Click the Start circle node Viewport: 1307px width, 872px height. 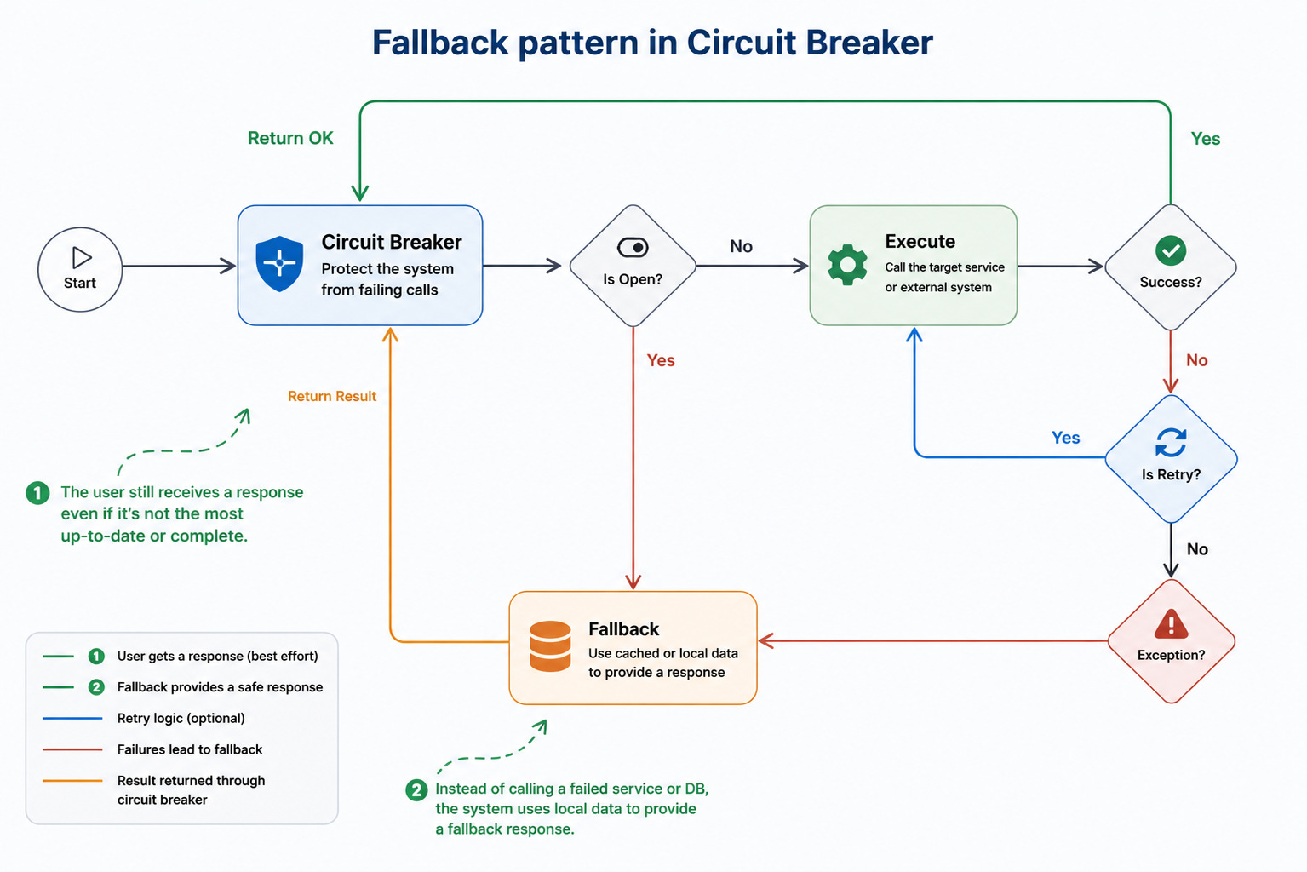[80, 269]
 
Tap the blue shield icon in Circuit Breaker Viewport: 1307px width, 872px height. [279, 264]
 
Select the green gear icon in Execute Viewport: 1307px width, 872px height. [847, 264]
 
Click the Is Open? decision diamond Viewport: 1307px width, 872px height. [633, 266]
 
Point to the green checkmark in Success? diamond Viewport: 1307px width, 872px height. [1171, 250]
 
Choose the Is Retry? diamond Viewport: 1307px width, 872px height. [1171, 459]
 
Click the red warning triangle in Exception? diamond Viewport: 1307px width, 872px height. [1171, 624]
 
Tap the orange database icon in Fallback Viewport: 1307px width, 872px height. [550, 646]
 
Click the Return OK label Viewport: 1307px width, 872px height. [290, 138]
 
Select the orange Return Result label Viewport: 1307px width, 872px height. [332, 396]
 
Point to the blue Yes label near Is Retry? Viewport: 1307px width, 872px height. [1065, 438]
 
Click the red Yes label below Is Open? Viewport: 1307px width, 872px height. [661, 360]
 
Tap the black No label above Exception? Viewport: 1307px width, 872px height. [1197, 548]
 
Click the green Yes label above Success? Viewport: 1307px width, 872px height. [1206, 138]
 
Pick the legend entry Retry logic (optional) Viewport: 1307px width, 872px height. [181, 718]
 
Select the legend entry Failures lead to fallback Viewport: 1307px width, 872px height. [190, 749]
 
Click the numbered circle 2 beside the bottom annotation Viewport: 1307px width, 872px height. [416, 790]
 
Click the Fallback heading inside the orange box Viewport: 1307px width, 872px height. [624, 628]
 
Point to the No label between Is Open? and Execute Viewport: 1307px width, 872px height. [741, 246]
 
